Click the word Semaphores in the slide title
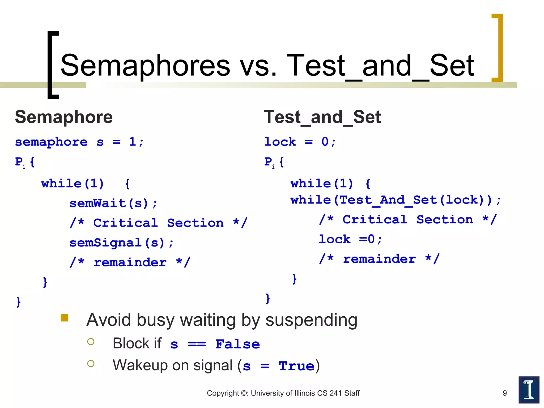[x=145, y=65]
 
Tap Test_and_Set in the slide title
[x=380, y=65]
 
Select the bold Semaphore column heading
[x=64, y=117]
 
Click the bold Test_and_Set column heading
[x=322, y=117]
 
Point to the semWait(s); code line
[x=113, y=203]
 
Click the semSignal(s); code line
[x=121, y=243]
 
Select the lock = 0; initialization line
[x=300, y=142]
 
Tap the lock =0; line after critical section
[x=350, y=239]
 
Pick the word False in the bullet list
[x=237, y=344]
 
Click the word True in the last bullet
[x=296, y=366]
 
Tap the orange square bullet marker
[x=65, y=318]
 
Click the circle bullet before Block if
[x=91, y=342]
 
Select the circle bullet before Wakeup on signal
[x=91, y=364]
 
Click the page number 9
[x=505, y=393]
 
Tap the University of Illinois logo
[x=529, y=390]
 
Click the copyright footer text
[x=283, y=393]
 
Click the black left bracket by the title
[x=52, y=65]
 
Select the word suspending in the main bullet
[x=311, y=320]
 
